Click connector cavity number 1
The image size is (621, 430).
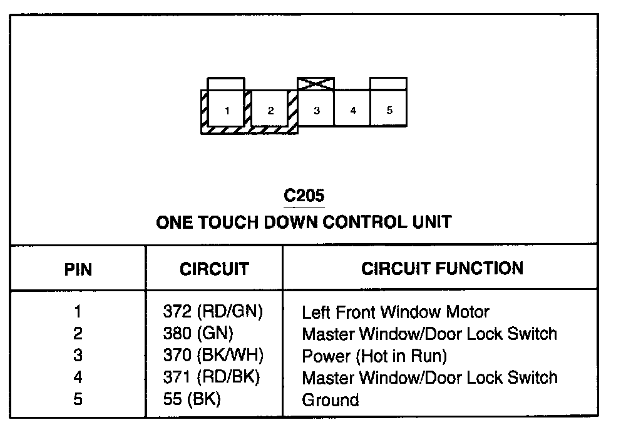point(227,110)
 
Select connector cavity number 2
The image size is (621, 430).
point(270,110)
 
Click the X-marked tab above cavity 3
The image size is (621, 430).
point(316,84)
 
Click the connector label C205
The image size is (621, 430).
point(304,196)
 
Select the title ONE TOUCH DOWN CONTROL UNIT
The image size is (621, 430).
point(304,222)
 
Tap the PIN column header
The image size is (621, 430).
point(78,269)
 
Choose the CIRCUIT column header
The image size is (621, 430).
point(214,269)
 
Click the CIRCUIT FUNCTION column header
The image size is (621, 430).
point(442,269)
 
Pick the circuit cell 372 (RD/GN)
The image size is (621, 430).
point(213,311)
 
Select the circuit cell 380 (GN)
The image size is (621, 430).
point(197,333)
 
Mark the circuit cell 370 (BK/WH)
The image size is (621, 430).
point(213,356)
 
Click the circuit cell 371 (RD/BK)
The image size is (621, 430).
point(212,377)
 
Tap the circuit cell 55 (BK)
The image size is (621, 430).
point(192,400)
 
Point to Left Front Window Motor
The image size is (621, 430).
point(396,311)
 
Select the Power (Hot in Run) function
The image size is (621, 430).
point(374,356)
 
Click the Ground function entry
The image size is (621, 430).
point(331,400)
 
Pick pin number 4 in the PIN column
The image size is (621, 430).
point(78,377)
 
